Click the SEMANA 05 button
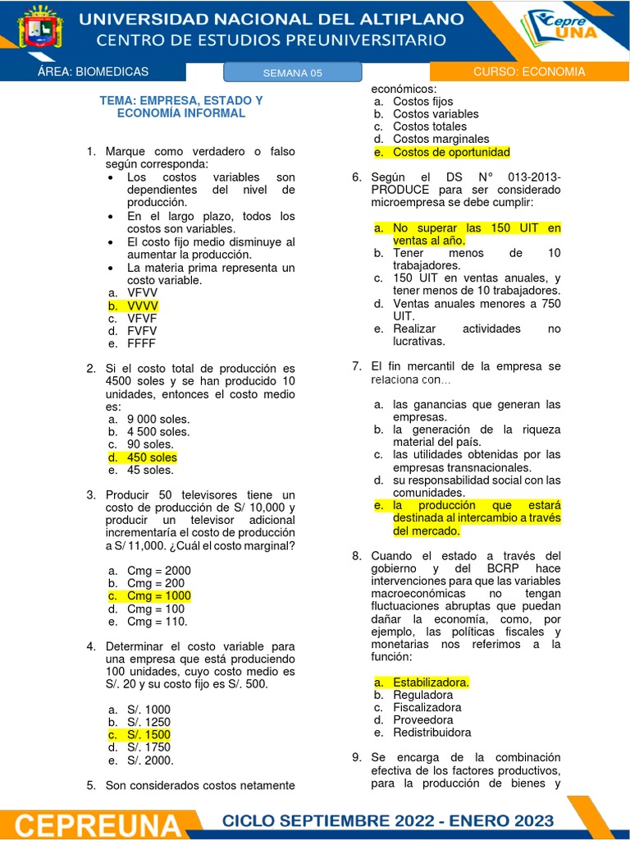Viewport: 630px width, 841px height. tap(293, 73)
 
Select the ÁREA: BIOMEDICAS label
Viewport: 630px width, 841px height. tap(94, 72)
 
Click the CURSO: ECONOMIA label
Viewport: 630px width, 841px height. tap(529, 71)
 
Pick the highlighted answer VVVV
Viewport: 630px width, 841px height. tap(143, 306)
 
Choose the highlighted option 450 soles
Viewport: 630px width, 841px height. tap(152, 457)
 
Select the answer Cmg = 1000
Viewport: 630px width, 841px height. tap(158, 595)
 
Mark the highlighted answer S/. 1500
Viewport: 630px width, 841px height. tap(148, 734)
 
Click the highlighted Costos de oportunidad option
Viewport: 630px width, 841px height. tap(451, 152)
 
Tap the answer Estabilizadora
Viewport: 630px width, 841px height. tap(431, 682)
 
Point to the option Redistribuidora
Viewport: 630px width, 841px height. tap(431, 733)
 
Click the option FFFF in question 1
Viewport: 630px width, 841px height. tap(141, 343)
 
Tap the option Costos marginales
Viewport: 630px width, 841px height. tap(441, 139)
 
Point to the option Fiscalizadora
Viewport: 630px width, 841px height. tap(427, 707)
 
